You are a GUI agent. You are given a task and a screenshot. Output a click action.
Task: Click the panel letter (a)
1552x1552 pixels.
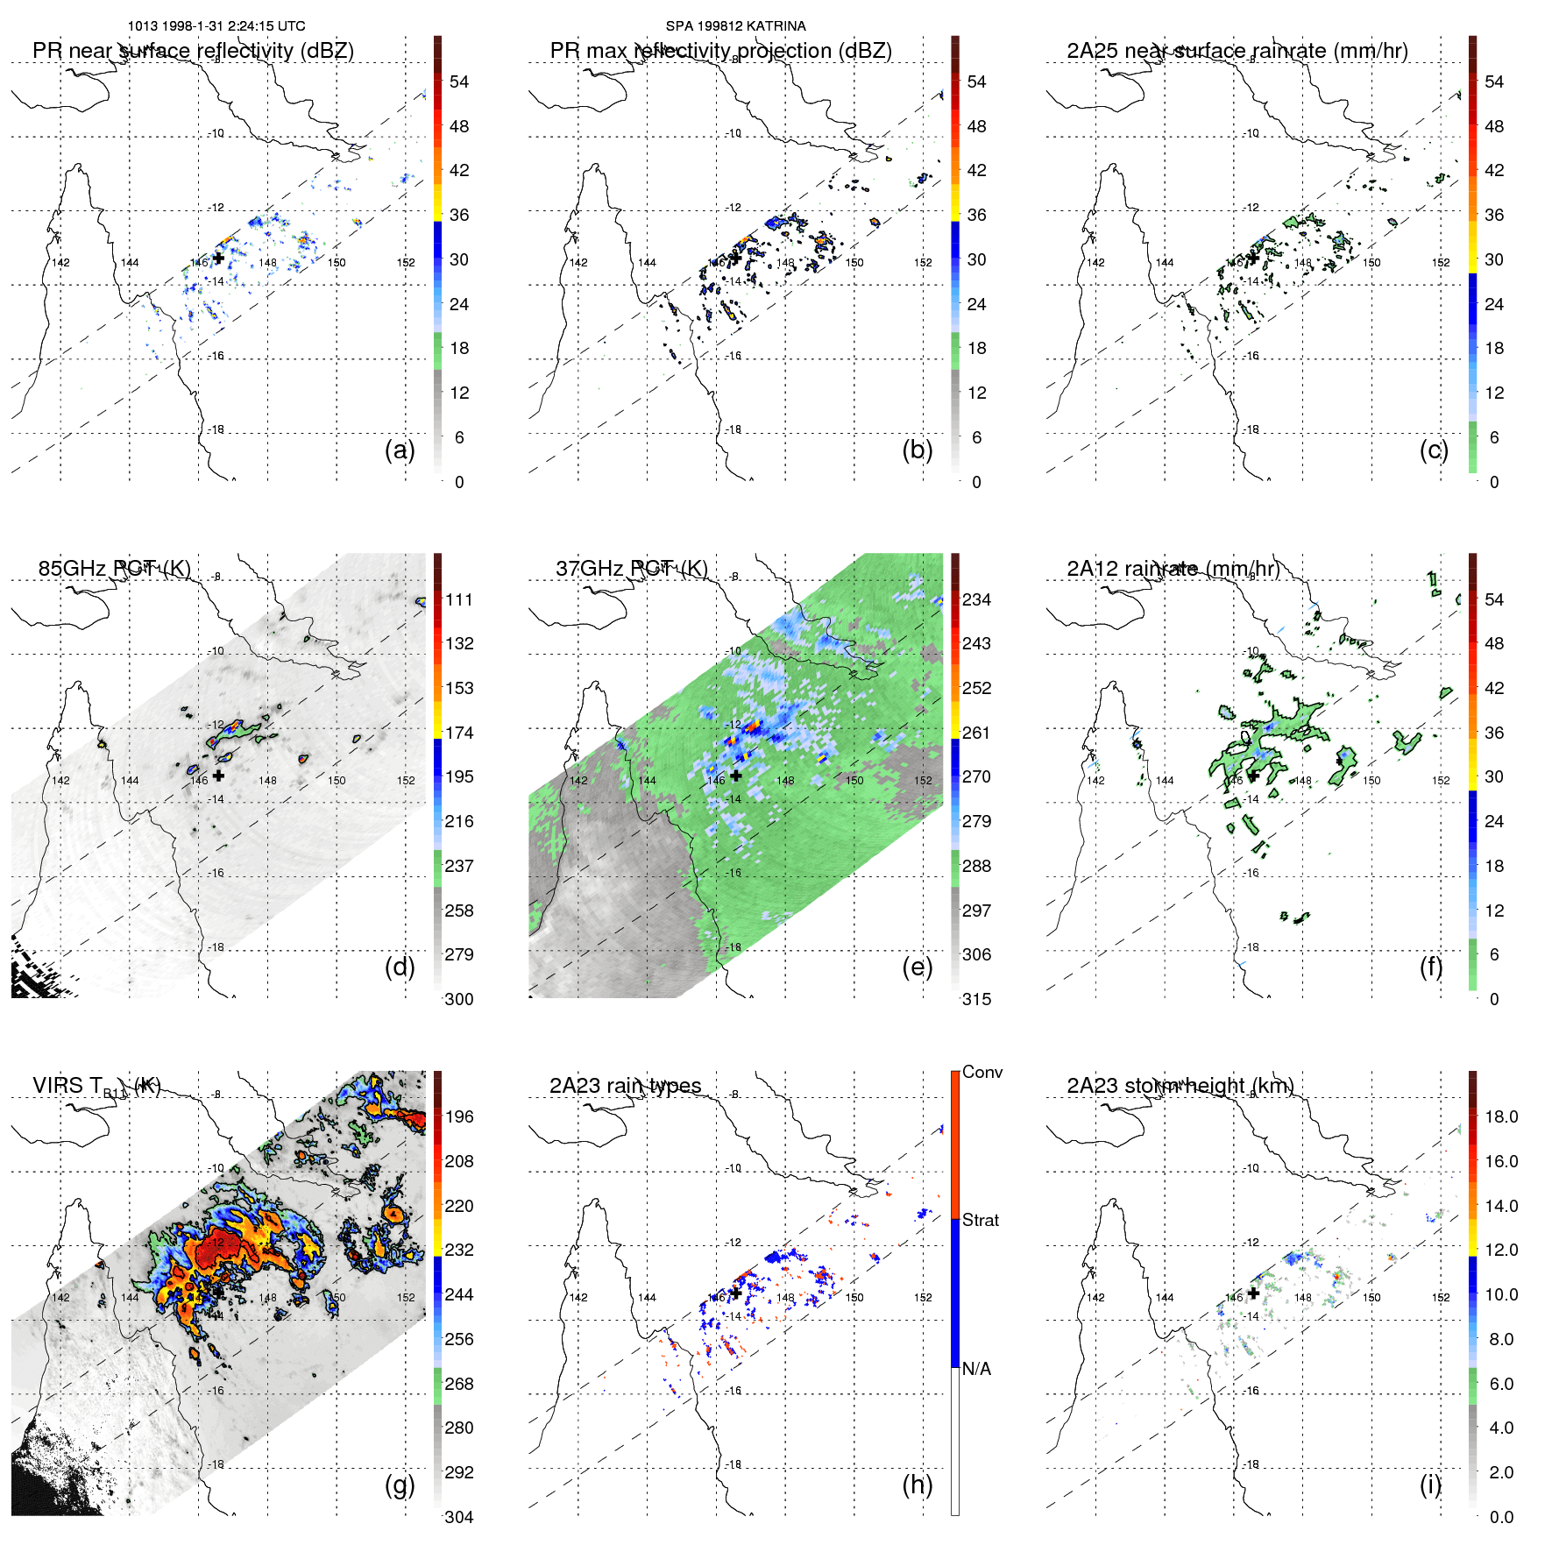[399, 450]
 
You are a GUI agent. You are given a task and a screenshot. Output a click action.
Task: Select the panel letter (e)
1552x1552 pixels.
[917, 967]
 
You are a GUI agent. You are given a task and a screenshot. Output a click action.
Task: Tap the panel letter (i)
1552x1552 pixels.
[1430, 1485]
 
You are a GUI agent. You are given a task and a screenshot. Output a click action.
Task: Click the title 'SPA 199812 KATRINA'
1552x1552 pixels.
[735, 26]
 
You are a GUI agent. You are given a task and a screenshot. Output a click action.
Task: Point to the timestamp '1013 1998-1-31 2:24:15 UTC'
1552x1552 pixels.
[216, 26]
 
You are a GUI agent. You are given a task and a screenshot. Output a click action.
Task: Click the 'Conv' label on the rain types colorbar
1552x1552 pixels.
[982, 1072]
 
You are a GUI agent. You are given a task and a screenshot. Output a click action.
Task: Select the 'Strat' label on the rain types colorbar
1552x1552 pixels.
[981, 1220]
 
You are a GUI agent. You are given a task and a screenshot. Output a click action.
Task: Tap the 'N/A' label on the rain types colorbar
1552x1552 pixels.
[976, 1369]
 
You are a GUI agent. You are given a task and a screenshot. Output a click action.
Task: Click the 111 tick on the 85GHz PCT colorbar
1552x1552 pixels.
[459, 599]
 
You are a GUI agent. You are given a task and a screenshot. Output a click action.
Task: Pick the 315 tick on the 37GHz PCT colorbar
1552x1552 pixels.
[976, 999]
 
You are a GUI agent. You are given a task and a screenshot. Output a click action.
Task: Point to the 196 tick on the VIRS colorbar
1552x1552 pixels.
[459, 1116]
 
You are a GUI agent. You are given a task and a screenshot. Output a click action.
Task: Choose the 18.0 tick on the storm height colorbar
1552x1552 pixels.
[1501, 1116]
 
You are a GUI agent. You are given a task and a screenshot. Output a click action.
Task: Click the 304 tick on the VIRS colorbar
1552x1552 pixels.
[459, 1517]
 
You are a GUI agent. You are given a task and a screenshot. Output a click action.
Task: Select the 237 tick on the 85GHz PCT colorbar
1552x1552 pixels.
[459, 866]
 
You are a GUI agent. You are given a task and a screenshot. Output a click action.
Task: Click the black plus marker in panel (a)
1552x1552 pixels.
[218, 259]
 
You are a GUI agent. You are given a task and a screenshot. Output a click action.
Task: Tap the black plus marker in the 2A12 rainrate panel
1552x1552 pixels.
[1253, 776]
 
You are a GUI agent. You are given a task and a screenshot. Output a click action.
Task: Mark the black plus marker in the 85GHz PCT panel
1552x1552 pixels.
[218, 776]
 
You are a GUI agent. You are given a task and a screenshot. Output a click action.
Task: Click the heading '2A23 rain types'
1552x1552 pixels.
[625, 1086]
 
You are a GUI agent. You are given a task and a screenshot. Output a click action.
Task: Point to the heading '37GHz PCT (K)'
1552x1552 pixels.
[631, 569]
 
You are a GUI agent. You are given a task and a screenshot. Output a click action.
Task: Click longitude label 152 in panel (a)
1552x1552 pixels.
[406, 263]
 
